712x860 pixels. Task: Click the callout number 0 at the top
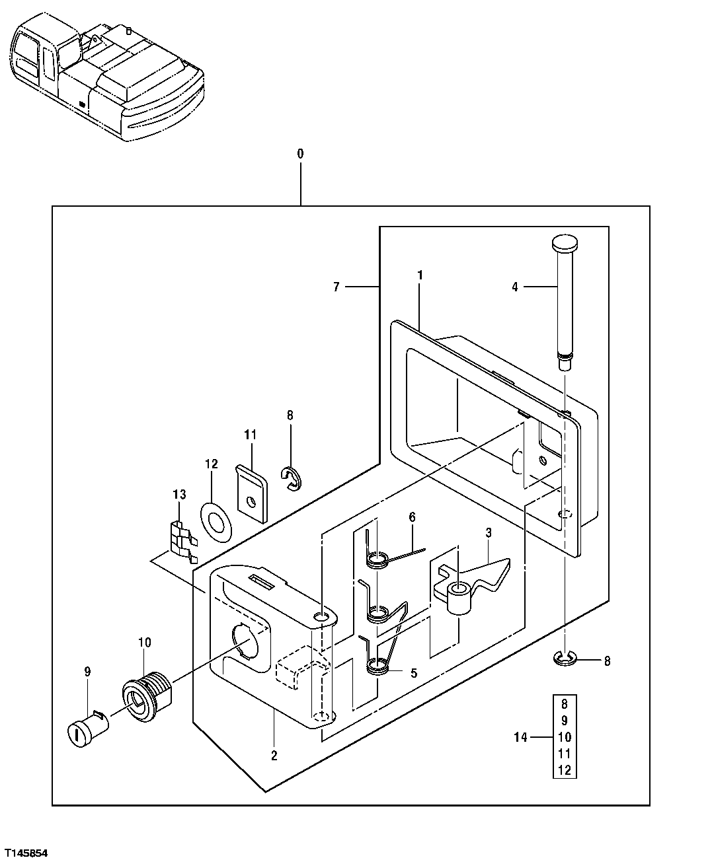[300, 153]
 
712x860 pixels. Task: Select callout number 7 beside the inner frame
[336, 287]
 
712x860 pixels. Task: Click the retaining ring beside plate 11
[291, 479]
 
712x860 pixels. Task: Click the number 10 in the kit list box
[563, 736]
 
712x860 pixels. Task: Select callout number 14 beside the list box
[521, 737]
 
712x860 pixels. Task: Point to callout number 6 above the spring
[412, 517]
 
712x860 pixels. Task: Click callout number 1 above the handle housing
[420, 275]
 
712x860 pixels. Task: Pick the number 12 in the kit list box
[563, 770]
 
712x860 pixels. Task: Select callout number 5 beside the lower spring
[413, 673]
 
